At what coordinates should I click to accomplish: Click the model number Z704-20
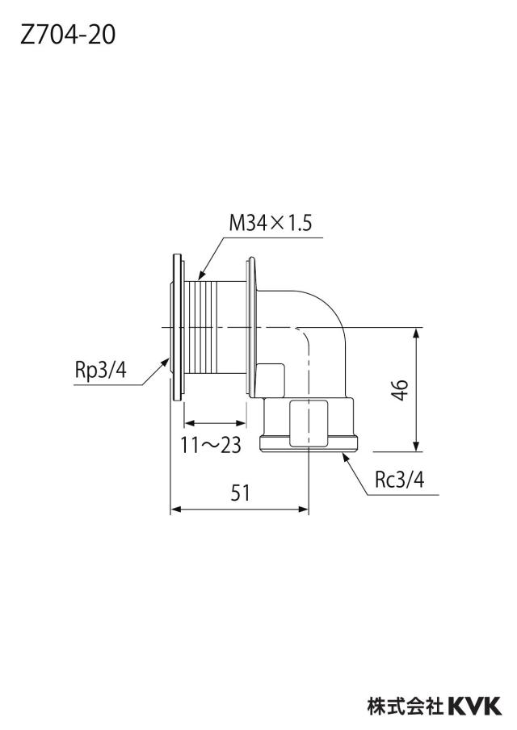pos(68,35)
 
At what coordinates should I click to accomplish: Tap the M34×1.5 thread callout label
pos(270,224)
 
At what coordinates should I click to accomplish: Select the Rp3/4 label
pos(101,371)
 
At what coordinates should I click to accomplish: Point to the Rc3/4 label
pos(400,480)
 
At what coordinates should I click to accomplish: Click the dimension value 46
pos(400,390)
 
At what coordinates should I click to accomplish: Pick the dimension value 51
pos(241,493)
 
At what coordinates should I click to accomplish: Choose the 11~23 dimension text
pos(211,445)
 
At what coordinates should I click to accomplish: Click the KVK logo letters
pos(475,706)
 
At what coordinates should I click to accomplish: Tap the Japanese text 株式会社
pos(406,706)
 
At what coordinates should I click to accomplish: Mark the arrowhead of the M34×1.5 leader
pos(201,276)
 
